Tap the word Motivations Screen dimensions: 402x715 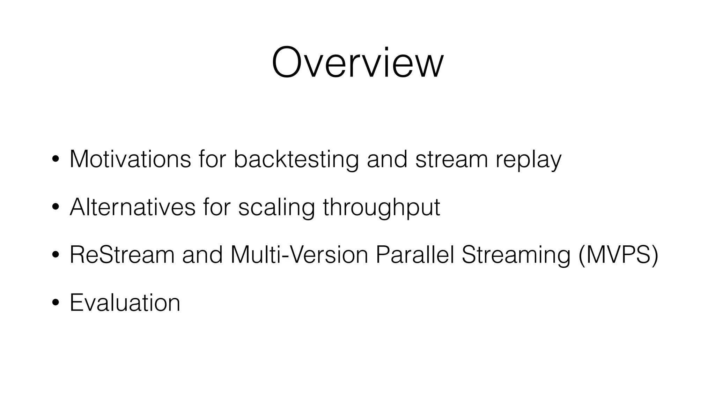coord(130,159)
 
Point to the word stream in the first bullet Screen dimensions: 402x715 coord(451,159)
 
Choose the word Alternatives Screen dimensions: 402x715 coord(132,207)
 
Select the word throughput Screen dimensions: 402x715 coord(381,208)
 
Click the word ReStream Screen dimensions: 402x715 coord(122,255)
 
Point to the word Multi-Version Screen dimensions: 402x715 coord(299,255)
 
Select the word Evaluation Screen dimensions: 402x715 coord(125,303)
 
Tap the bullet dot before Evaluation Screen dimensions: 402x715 coord(55,303)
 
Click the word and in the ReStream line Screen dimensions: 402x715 coord(202,255)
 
